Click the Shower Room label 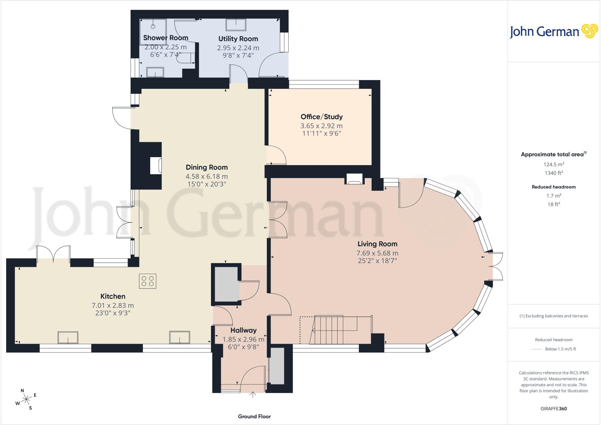166,38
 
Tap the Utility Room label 238,39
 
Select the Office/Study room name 322,117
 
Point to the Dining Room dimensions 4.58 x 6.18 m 207,176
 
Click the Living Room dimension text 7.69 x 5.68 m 377,253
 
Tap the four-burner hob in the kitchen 148,281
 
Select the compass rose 26,399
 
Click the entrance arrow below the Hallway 253,394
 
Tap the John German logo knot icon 590,31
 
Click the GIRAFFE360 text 553,409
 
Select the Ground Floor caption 254,416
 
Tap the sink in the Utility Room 236,25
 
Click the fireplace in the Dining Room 156,166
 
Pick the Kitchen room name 113,296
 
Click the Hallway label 243,330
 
